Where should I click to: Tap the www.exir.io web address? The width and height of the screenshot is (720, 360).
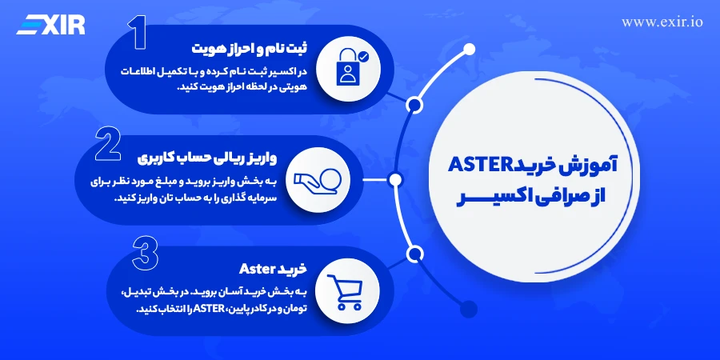(662, 22)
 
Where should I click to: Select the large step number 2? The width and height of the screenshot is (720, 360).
(109, 146)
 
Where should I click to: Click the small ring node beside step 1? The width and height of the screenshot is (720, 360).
(414, 105)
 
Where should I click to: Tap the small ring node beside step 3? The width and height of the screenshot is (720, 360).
(414, 254)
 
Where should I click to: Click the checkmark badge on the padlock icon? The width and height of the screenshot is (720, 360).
(364, 57)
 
